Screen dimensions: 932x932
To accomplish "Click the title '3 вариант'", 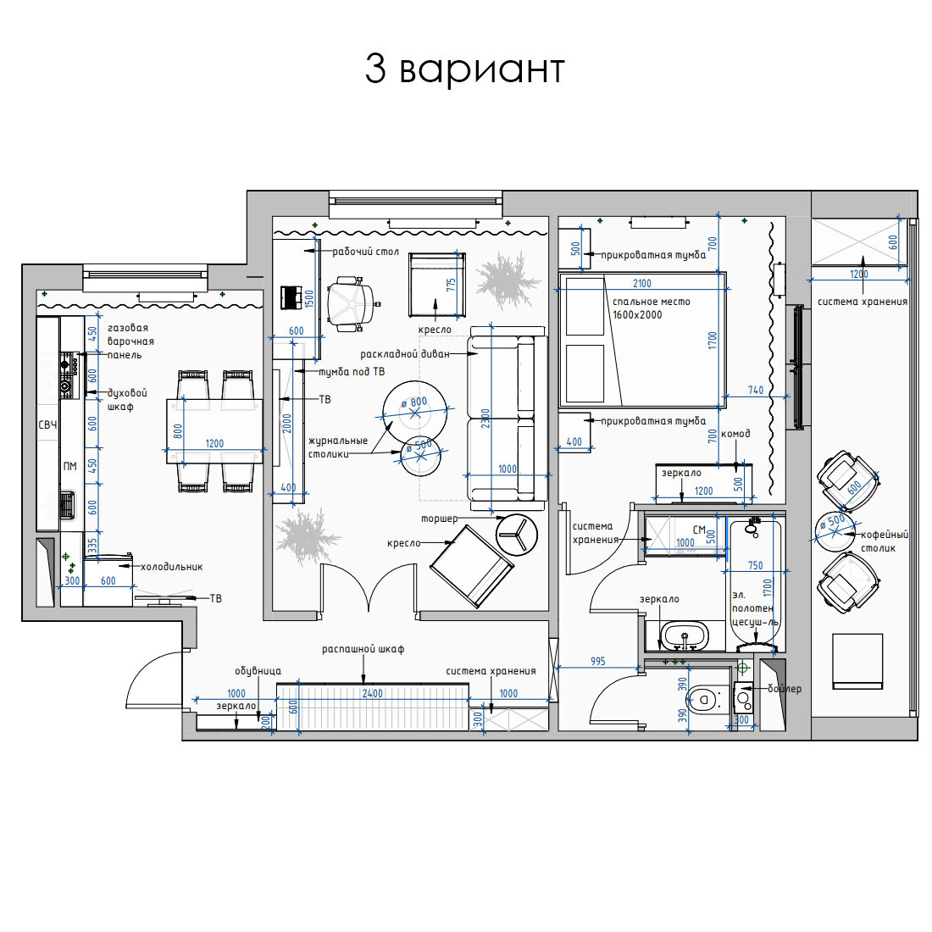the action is point(464,69).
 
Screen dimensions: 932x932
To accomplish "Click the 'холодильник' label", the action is point(172,567).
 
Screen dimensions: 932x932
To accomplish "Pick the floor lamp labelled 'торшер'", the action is point(517,535).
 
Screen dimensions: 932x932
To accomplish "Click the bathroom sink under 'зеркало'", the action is point(685,635).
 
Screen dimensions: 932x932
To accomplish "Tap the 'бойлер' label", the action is point(785,688).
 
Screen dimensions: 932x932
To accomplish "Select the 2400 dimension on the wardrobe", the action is point(373,693).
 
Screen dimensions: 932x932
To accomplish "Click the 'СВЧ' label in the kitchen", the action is point(47,425).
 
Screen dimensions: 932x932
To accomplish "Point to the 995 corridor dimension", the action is point(598,661).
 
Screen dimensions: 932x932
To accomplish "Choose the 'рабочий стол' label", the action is point(365,252).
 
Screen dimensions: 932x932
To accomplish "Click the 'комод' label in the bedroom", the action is point(735,434).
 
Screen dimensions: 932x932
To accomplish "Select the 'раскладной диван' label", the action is point(405,354).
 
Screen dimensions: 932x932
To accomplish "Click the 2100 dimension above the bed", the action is point(642,284).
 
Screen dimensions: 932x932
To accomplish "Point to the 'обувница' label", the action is point(258,671).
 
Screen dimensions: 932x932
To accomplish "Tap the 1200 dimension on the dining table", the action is point(214,443).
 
